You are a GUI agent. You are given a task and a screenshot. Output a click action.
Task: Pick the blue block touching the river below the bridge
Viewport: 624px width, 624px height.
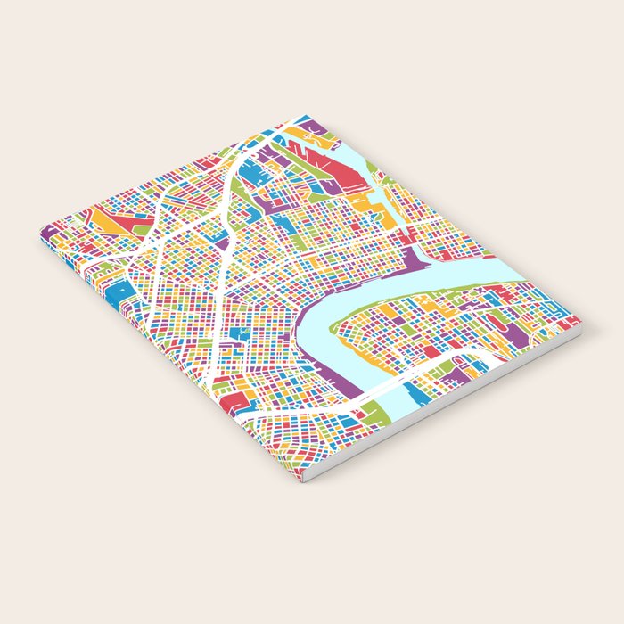click(415, 392)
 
